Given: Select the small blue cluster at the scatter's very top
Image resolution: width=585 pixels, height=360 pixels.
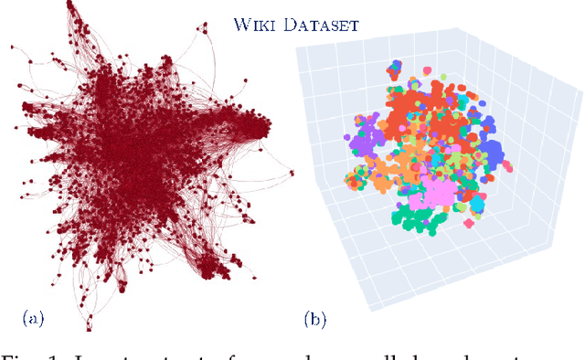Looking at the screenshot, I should [395, 67].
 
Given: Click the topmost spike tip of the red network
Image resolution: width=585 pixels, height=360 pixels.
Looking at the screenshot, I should [71, 5].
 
